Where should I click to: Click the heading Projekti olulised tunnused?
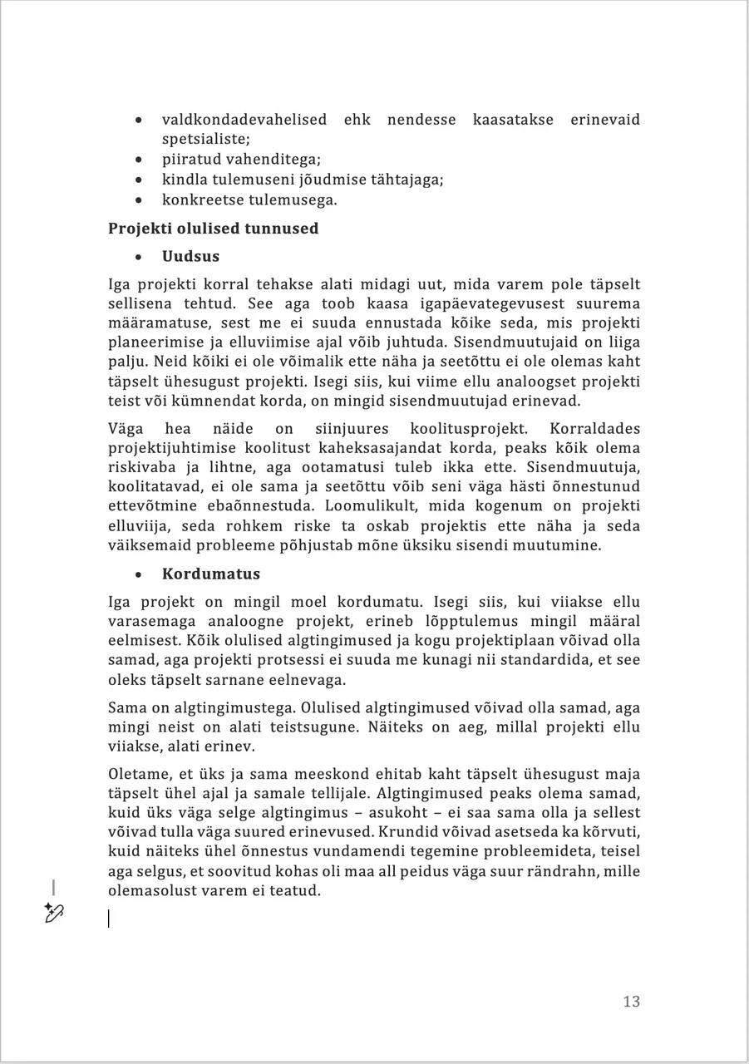213,228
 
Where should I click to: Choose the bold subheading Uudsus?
190,256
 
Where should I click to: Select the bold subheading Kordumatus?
211,574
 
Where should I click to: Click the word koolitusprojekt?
468,429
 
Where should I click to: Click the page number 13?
631,1002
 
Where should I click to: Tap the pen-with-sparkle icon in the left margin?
54,913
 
